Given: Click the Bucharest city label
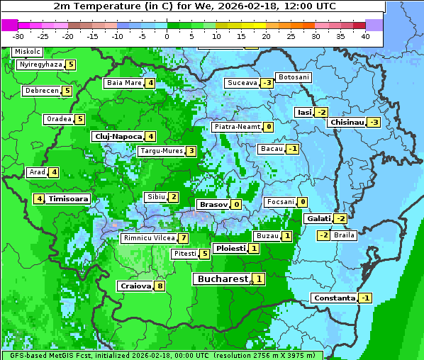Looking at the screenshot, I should [x=222, y=279].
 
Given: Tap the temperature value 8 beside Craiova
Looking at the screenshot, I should [x=160, y=286].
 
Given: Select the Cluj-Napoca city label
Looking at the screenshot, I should [x=118, y=136].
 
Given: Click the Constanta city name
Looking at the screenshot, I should [x=334, y=298].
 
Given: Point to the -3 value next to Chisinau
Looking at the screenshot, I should [x=374, y=122].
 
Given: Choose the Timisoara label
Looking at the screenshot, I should [x=69, y=199].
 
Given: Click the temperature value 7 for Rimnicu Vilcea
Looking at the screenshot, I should [x=183, y=239].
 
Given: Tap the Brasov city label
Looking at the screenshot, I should [x=213, y=204].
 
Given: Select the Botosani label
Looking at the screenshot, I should [x=294, y=77].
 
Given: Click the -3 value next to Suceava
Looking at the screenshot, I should [x=267, y=83].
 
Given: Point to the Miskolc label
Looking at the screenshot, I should [x=28, y=52].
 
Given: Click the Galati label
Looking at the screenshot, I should [x=318, y=219].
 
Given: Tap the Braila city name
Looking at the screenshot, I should [x=344, y=235].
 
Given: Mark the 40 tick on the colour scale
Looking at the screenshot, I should [x=365, y=36].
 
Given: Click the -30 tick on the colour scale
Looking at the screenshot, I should [x=18, y=36].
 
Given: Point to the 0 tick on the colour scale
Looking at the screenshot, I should [x=167, y=36].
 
